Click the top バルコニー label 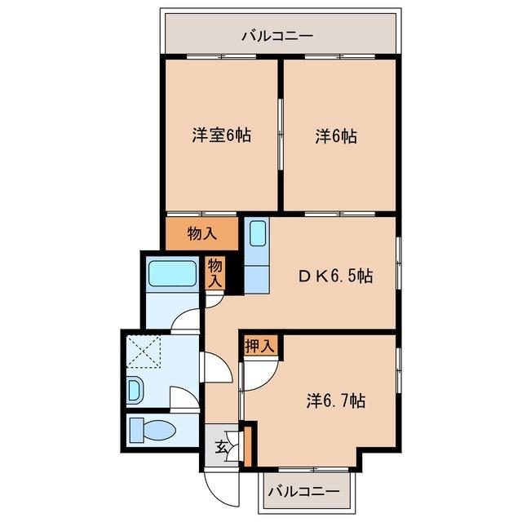click(x=276, y=36)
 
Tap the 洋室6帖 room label click(x=221, y=136)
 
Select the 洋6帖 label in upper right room click(x=336, y=136)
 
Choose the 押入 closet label click(x=260, y=345)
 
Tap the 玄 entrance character click(x=221, y=446)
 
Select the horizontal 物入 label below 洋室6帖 click(x=202, y=234)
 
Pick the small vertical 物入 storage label click(x=215, y=272)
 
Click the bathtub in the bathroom click(x=171, y=273)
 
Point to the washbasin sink click(x=135, y=391)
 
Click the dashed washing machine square click(x=146, y=352)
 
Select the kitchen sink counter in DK click(x=256, y=255)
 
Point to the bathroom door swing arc click(x=188, y=320)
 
